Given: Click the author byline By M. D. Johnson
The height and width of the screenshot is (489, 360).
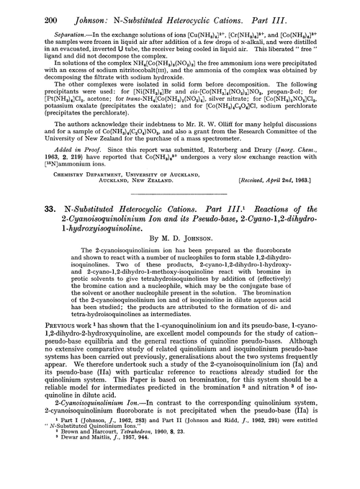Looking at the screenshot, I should coord(180,275).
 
